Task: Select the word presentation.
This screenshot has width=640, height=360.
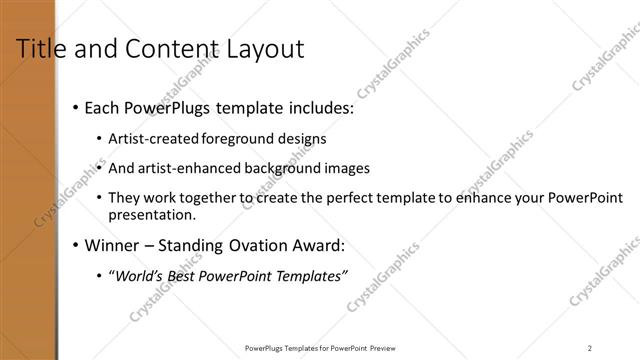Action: tap(151, 214)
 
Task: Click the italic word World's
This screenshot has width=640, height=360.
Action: tap(139, 276)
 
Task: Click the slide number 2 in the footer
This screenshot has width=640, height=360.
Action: tap(590, 347)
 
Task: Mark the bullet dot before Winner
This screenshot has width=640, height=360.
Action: tap(76, 246)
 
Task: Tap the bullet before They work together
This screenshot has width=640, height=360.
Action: tap(98, 199)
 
